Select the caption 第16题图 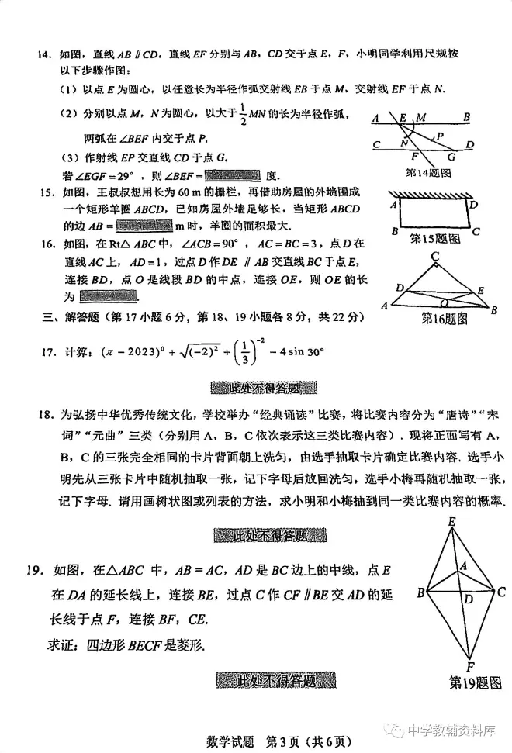pos(445,317)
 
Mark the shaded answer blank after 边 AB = pos(144,226)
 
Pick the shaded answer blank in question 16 pos(108,296)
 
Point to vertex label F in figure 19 pos(470,665)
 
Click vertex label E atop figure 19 pos(451,523)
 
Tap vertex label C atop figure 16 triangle pos(437,255)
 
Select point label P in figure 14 pos(440,135)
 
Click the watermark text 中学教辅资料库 pos(451,730)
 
